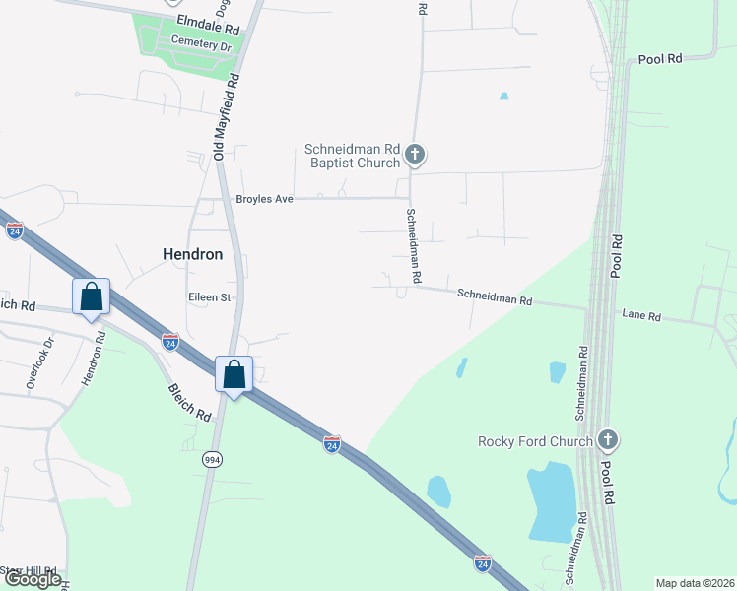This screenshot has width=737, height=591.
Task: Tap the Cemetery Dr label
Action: click(200, 44)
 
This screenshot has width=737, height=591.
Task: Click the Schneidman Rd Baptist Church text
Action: click(352, 156)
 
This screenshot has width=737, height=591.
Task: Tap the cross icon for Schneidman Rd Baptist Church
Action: click(415, 154)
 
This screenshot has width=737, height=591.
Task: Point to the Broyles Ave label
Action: click(264, 199)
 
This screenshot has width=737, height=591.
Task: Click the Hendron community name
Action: click(192, 253)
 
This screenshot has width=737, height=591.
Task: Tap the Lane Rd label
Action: click(641, 316)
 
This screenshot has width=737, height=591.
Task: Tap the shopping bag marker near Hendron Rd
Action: click(91, 296)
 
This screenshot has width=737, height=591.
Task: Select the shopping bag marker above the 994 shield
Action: click(234, 374)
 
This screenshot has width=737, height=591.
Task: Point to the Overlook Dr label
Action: click(41, 363)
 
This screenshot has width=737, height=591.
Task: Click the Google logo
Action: click(32, 578)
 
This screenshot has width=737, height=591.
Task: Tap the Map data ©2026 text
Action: click(695, 583)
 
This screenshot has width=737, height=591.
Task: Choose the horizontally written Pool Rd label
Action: click(660, 59)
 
